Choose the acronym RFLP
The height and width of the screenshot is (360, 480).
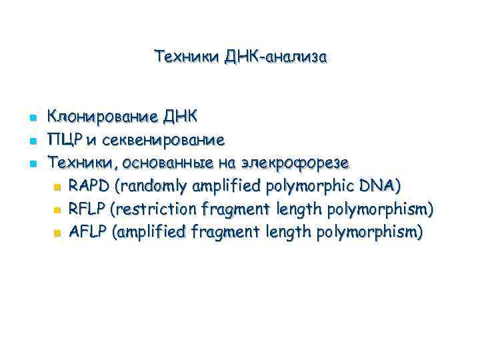pos(88,209)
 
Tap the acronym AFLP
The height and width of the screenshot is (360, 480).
pos(88,231)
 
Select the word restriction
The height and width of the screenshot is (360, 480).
pos(155,209)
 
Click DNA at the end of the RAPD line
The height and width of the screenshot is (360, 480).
pos(380,185)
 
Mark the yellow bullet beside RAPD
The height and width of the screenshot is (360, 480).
pos(57,187)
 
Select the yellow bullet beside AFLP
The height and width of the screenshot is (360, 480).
pos(57,233)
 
